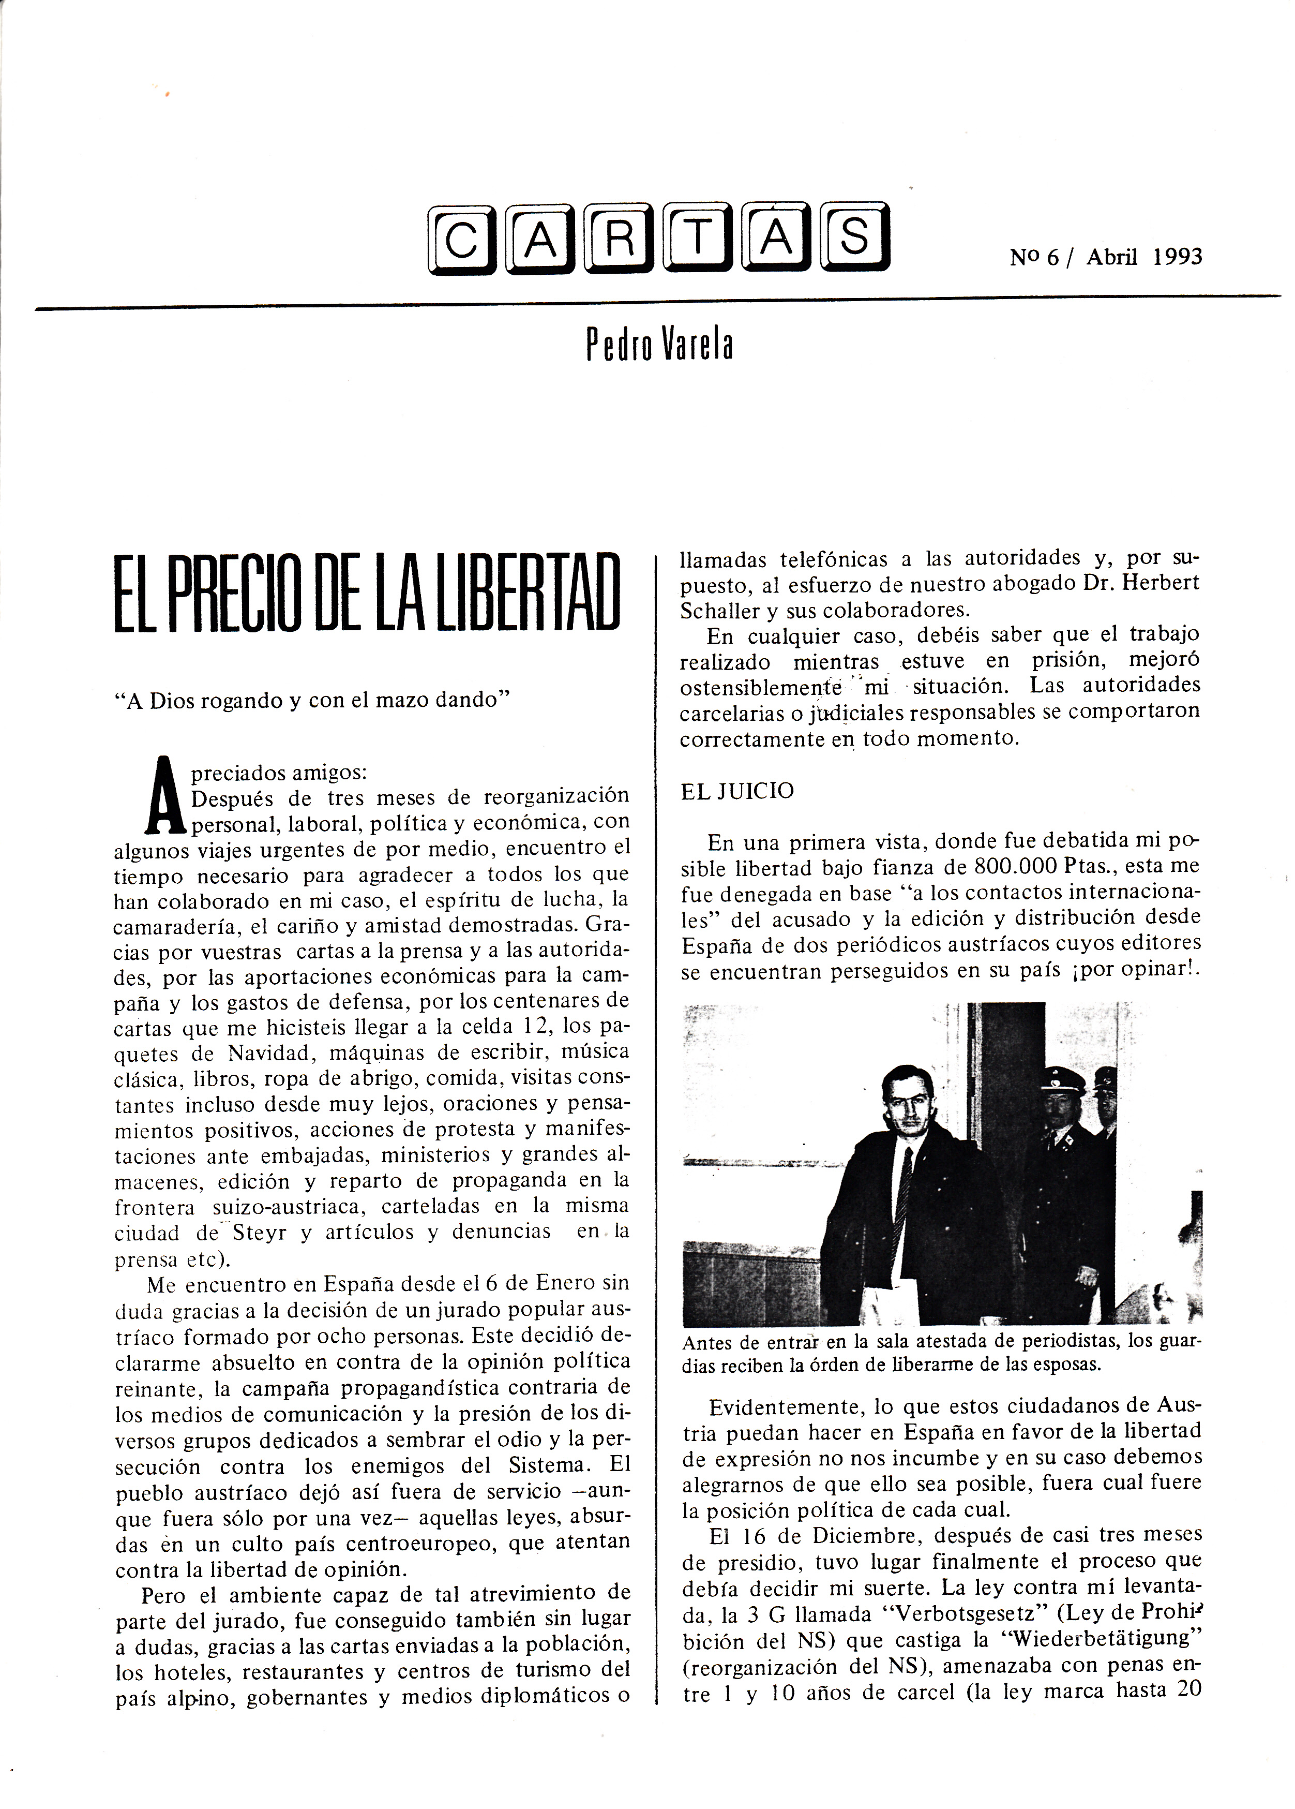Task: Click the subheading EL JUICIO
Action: coord(737,791)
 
